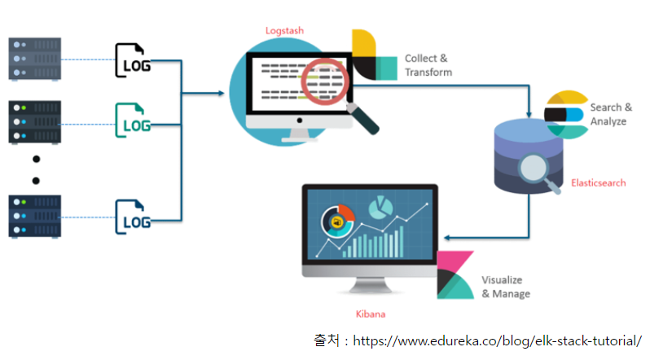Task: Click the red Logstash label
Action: point(283,31)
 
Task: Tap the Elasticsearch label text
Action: point(599,183)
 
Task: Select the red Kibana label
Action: point(370,314)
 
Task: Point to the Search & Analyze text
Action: point(610,114)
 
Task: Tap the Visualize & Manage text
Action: point(506,286)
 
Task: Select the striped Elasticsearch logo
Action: point(564,115)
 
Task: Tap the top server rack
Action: point(34,58)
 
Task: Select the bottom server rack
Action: point(34,216)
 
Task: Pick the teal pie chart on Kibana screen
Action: point(378,209)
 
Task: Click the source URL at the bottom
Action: point(496,340)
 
